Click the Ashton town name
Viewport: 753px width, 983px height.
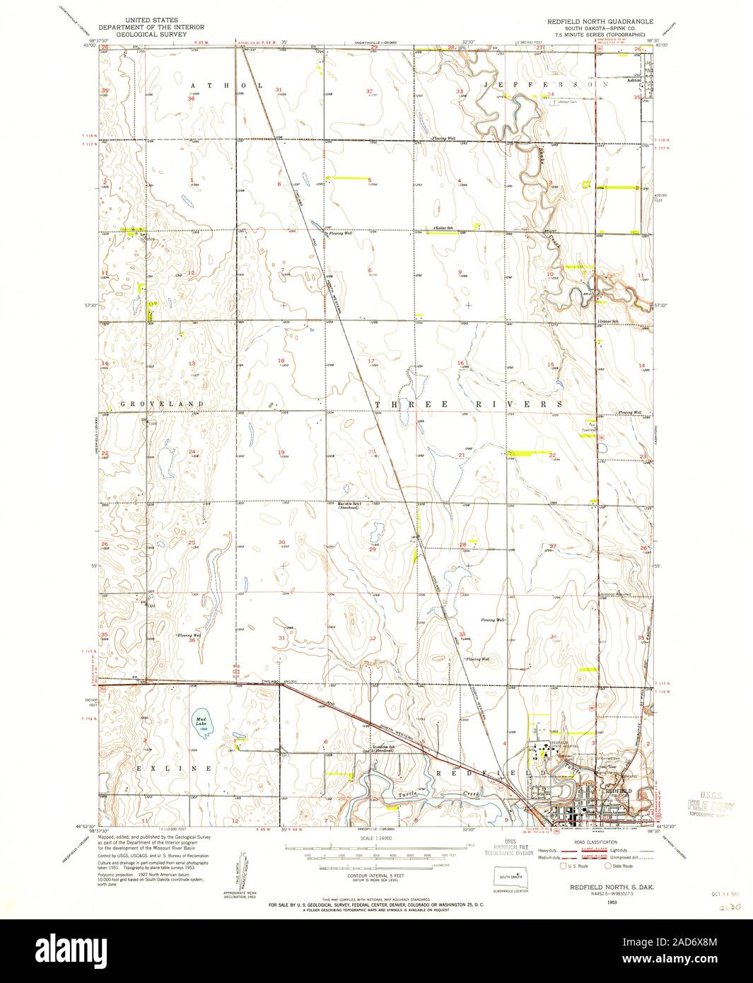(x=635, y=81)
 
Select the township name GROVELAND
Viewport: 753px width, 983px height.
(x=162, y=404)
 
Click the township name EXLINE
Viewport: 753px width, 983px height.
(x=171, y=768)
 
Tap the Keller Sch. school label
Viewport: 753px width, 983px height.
(x=443, y=228)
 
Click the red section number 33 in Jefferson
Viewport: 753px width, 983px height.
(x=460, y=91)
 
